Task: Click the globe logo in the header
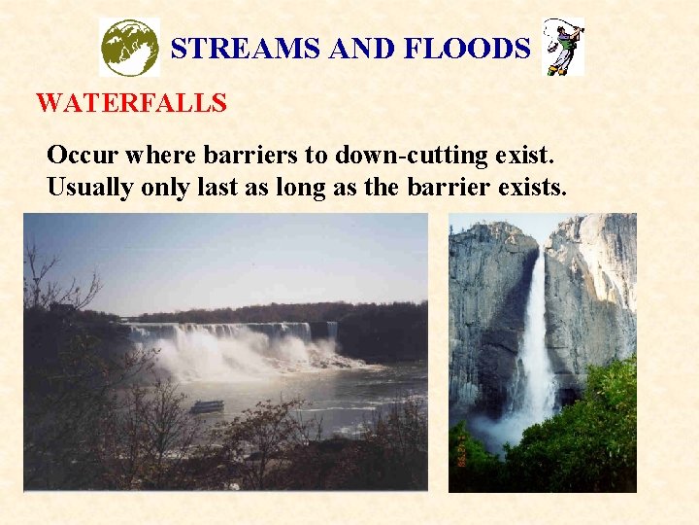pos(129,47)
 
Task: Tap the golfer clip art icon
pos(564,47)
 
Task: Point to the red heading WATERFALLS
pos(131,102)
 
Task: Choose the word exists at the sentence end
pos(530,187)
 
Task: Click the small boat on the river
pos(206,406)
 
